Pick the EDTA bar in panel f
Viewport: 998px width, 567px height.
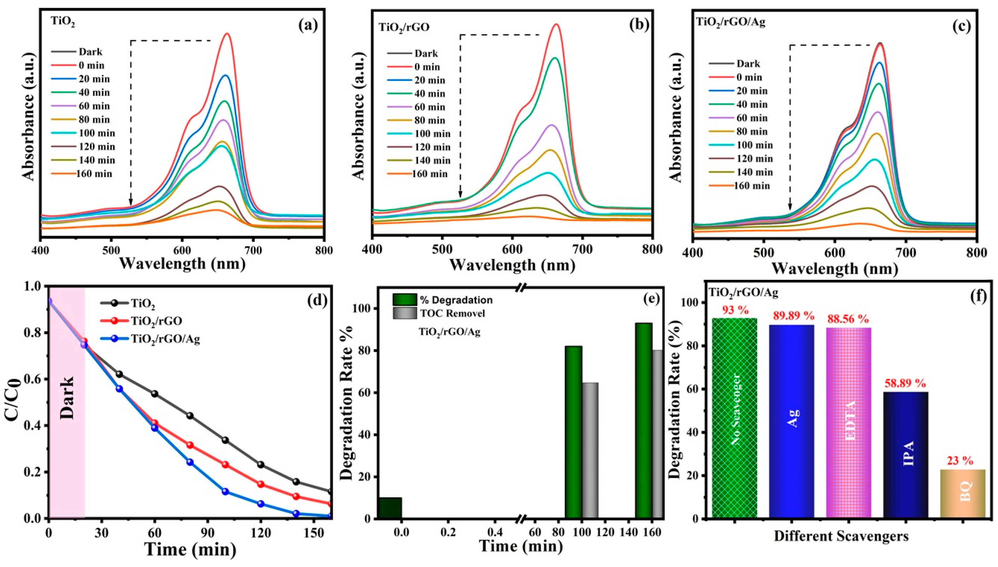pyautogui.click(x=848, y=422)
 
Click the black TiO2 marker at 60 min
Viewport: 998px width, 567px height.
pyautogui.click(x=155, y=394)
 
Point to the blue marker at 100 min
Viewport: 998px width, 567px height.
pyautogui.click(x=225, y=492)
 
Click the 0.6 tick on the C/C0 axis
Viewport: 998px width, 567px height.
pyautogui.click(x=33, y=379)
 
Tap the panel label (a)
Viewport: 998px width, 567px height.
pyautogui.click(x=308, y=25)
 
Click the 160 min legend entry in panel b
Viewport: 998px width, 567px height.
pyautogui.click(x=429, y=174)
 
